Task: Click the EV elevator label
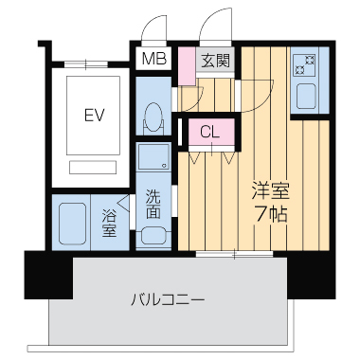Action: point(94,117)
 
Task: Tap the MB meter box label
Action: point(152,61)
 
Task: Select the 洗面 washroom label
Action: point(153,206)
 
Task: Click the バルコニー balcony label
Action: point(168,300)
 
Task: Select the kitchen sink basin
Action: point(308,97)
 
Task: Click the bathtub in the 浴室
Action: point(71,223)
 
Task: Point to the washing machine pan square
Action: point(153,157)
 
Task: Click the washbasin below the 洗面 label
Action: point(152,235)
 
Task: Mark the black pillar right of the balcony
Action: point(312,274)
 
